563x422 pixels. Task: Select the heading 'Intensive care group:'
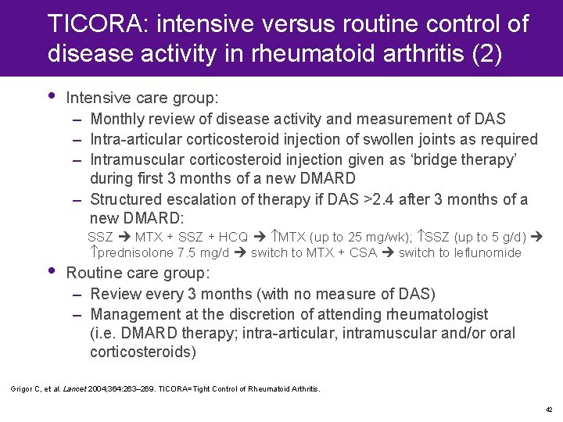click(142, 98)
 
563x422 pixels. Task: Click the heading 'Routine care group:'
click(138, 274)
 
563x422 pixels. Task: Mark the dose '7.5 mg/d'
click(205, 252)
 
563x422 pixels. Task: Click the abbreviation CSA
click(366, 252)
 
